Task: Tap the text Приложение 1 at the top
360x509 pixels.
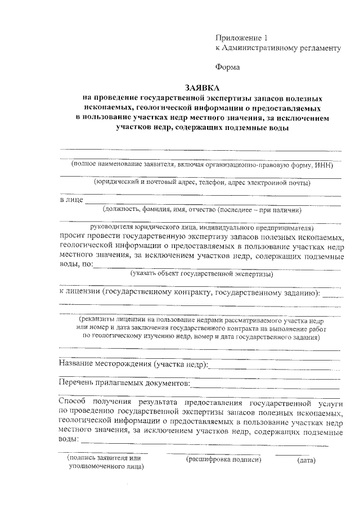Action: pos(241,38)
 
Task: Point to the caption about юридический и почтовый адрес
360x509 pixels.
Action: pos(202,182)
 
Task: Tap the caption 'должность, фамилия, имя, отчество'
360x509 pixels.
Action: pos(202,210)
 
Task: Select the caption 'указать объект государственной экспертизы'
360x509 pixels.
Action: pos(202,274)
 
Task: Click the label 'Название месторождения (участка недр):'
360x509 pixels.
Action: pos(133,364)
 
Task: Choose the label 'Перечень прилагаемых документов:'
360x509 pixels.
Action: pos(124,384)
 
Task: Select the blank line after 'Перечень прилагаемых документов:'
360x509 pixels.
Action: pos(265,387)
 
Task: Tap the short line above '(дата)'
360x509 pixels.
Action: pos(291,453)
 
